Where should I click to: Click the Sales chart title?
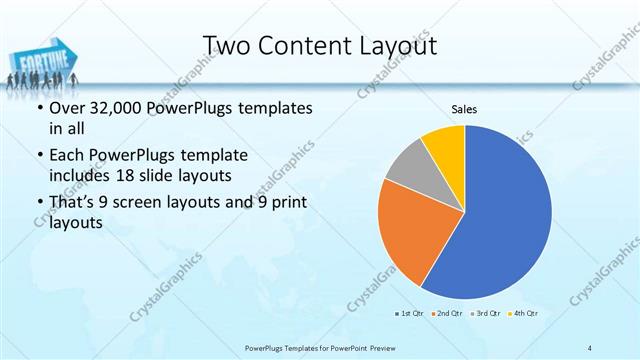pos(464,108)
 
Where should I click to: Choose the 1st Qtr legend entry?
pos(409,314)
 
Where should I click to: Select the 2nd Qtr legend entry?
pos(446,314)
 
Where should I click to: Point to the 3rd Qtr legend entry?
pos(484,314)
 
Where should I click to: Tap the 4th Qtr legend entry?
pos(523,314)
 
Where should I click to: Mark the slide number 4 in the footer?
pos(590,347)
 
